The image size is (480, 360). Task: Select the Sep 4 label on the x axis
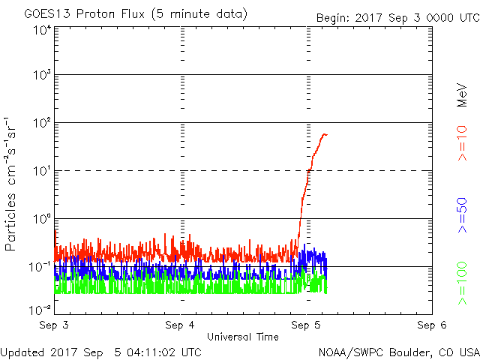[180, 325]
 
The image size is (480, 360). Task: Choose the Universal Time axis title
[243, 337]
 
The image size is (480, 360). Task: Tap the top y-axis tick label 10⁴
[41, 30]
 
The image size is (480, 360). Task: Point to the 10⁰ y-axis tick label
[41, 220]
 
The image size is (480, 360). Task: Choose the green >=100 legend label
[463, 283]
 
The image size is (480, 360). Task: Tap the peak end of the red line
[325, 134]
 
